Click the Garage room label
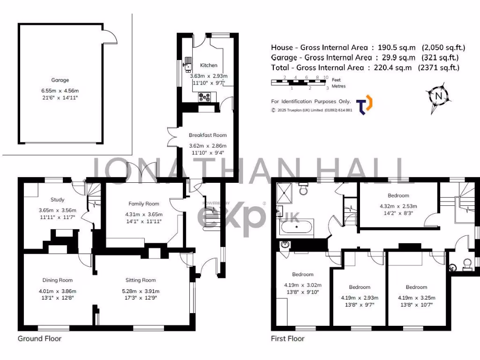pos(60,80)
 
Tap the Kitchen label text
pos(209,65)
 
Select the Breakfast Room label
pos(208,135)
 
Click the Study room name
pos(58,200)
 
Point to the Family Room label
pos(144,203)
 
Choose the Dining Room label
pos(58,280)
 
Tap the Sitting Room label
pos(140,280)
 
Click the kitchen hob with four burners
pos(205,97)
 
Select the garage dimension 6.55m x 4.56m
pos(60,90)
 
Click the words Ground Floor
pos(39,338)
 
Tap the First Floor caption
pos(288,338)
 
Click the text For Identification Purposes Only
pos(311,101)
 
